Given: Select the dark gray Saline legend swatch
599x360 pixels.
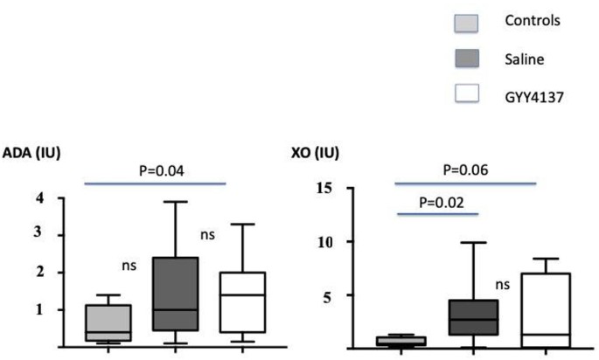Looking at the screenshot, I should (472, 58).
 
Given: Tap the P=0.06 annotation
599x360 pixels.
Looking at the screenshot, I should (466, 170).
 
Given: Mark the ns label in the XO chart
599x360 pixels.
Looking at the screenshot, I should (503, 284).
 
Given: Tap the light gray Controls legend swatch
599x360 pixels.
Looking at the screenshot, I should (472, 22).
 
